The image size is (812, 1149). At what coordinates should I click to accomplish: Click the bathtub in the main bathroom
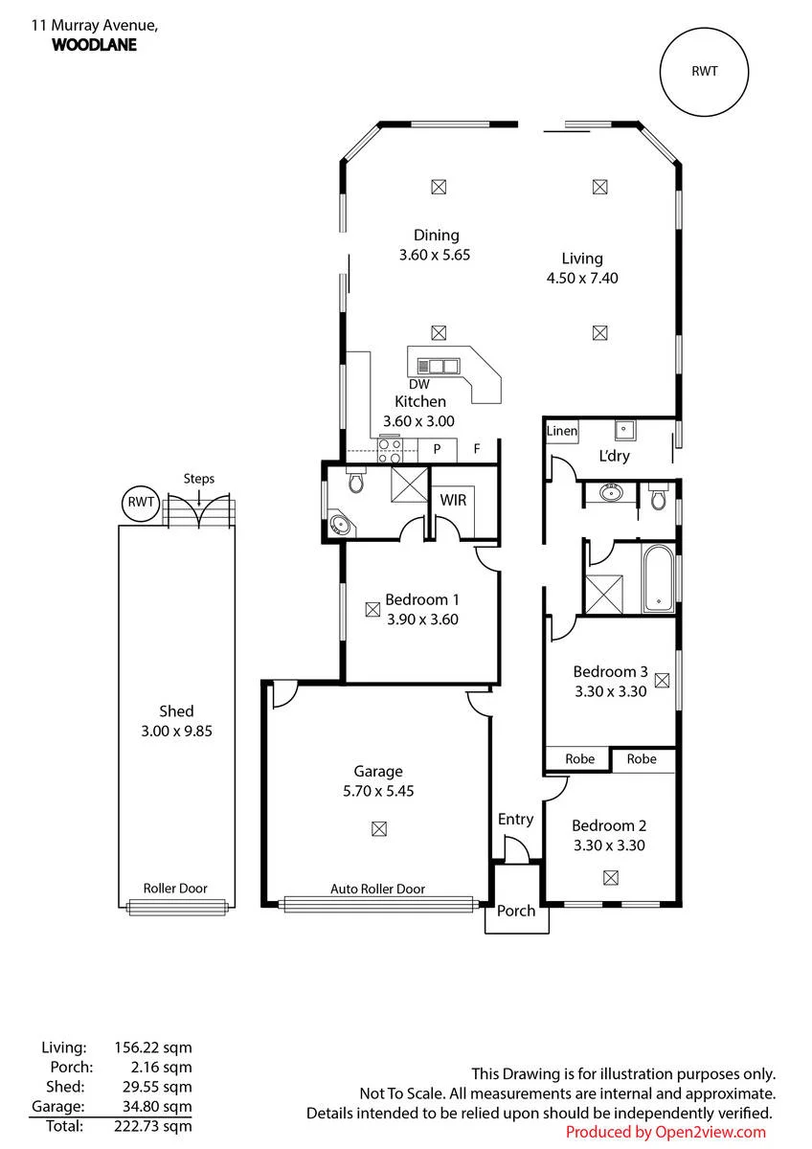658,578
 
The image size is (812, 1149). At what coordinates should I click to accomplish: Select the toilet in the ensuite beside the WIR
354,479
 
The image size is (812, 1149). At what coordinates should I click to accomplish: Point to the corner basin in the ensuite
340,525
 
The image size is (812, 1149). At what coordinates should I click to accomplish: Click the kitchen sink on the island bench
438,366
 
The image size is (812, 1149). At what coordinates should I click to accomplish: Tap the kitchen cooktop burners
390,450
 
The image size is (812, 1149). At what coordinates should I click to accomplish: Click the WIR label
453,500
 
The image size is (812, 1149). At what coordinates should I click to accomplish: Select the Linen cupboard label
562,431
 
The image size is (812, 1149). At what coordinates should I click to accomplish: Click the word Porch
516,911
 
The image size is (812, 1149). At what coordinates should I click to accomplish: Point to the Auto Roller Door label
377,889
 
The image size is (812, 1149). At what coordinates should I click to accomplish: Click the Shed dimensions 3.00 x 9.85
176,731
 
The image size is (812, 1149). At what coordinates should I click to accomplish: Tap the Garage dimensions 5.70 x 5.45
378,791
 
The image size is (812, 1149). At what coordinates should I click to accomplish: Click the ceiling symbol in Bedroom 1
372,609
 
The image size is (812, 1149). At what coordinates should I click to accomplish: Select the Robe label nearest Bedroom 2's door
579,758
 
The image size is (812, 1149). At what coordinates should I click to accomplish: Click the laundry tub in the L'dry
624,429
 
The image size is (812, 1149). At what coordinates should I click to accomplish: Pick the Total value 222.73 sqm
153,1126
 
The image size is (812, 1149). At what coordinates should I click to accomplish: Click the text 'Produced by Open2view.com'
665,1132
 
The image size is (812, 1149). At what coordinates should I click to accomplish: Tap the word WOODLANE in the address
95,45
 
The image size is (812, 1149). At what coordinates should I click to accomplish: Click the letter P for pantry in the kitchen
437,449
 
